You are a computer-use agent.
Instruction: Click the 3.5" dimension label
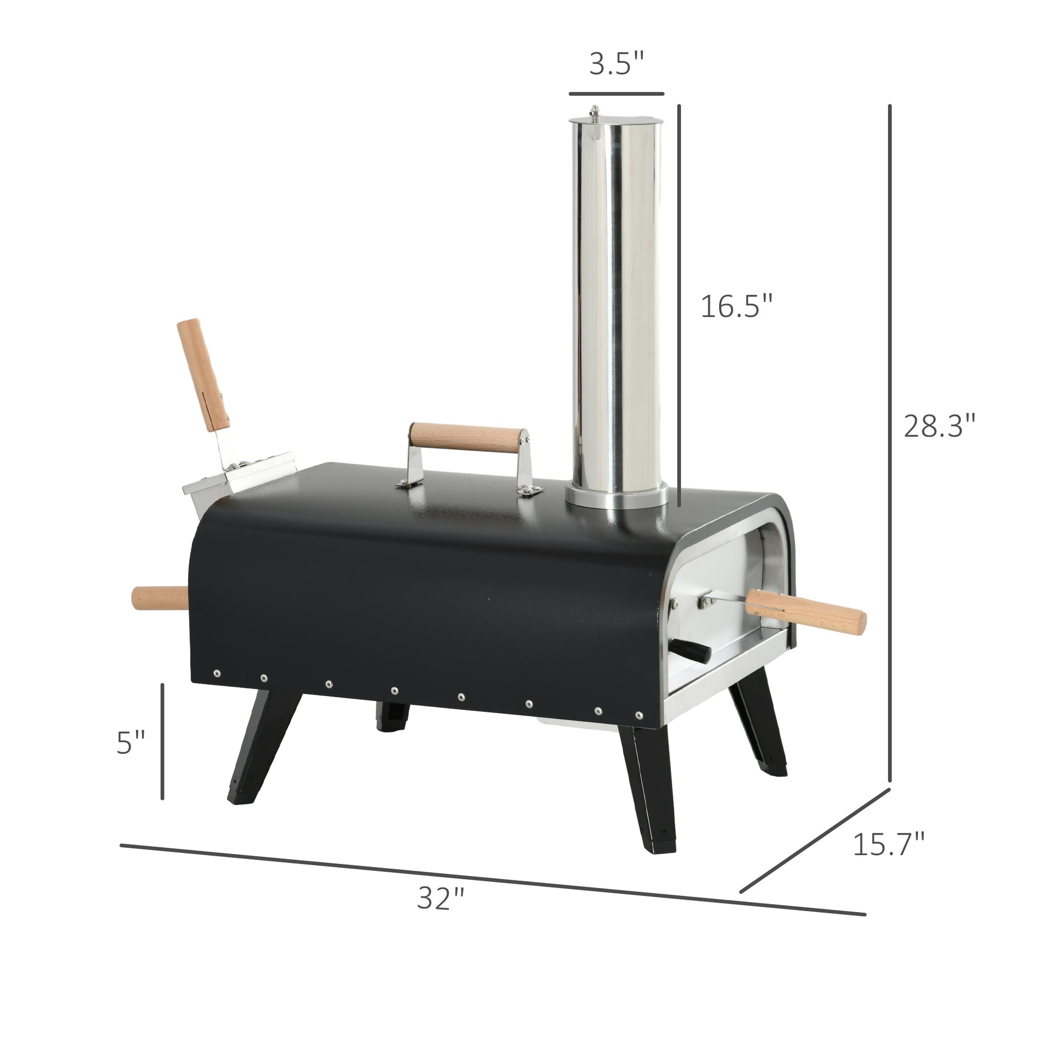click(x=617, y=64)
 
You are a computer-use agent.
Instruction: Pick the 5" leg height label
click(x=131, y=742)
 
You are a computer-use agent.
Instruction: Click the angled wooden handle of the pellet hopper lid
click(x=203, y=374)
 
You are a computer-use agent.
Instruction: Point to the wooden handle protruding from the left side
click(x=159, y=598)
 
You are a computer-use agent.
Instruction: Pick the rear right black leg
click(x=758, y=731)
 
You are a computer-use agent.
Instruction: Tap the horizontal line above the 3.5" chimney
click(x=616, y=94)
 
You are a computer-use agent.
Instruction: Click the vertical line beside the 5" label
click(x=162, y=742)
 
